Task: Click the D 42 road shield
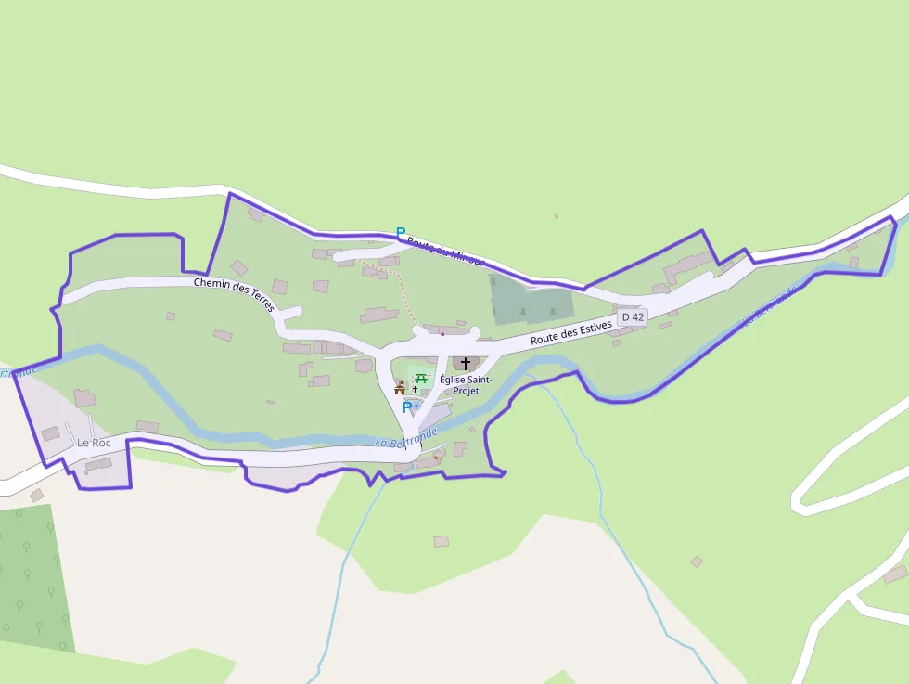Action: click(633, 316)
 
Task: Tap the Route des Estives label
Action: click(571, 333)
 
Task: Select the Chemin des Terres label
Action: click(234, 290)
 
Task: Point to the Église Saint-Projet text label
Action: click(466, 385)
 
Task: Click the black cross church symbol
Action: click(466, 364)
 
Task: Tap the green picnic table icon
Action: click(421, 378)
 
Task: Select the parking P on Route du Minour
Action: click(401, 232)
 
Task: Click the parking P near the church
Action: click(406, 407)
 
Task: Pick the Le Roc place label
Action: click(94, 443)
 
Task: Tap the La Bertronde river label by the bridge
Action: click(406, 437)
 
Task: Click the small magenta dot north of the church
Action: click(442, 333)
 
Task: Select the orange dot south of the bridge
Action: click(436, 457)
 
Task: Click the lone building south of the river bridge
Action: click(441, 541)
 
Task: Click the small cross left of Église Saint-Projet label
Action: click(415, 389)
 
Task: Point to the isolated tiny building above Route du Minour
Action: click(557, 216)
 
